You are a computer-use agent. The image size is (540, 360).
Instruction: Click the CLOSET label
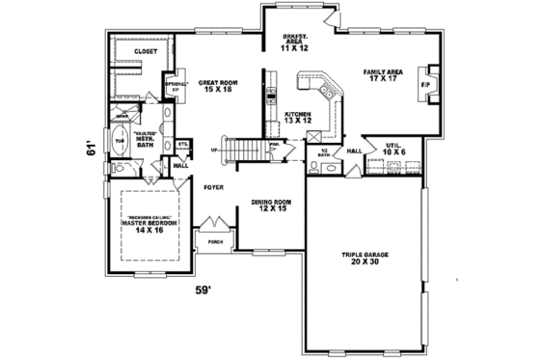click(146, 50)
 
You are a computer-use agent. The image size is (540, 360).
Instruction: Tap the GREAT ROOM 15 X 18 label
click(217, 87)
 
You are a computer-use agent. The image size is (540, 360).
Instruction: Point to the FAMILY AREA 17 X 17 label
click(383, 75)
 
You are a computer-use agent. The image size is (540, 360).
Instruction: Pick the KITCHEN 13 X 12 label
click(294, 118)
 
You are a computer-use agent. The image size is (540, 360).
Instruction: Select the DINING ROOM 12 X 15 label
click(271, 207)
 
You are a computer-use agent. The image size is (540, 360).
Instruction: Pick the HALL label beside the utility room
click(354, 152)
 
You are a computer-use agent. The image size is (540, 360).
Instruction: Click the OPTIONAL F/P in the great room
click(175, 86)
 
